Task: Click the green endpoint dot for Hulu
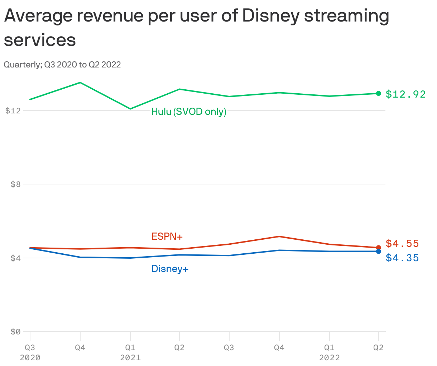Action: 378,93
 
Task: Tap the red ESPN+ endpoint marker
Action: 378,248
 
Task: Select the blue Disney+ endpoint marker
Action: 378,251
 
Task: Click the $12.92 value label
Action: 405,94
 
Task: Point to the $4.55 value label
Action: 402,244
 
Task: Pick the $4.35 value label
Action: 402,258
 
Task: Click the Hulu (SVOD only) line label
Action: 189,112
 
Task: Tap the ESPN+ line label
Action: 167,236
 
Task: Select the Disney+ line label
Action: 170,269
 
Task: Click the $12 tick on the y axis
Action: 13,111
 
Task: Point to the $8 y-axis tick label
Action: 15,184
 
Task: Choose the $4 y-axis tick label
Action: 15,258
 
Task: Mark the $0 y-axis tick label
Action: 15,332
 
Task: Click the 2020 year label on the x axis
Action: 30,358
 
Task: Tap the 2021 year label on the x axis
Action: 130,358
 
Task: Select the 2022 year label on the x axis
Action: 329,358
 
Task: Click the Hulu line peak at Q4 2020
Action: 80,83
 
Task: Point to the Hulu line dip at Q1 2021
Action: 130,109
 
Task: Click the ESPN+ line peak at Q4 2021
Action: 279,236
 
